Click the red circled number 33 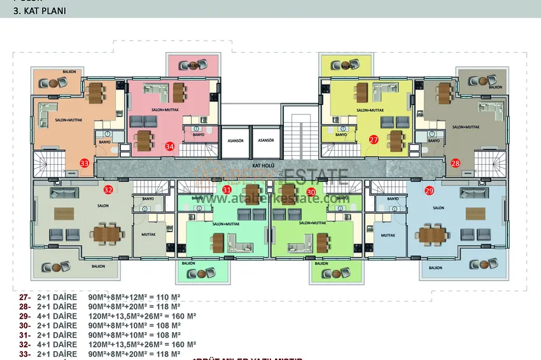(x=85, y=163)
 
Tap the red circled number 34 (x=169, y=146)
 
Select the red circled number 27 (x=374, y=139)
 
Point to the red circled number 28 (x=455, y=163)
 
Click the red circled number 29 (x=429, y=190)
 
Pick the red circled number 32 (x=108, y=190)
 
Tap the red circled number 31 (x=227, y=191)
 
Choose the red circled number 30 (x=311, y=191)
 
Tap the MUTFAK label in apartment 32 (x=148, y=235)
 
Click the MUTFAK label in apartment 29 (x=388, y=235)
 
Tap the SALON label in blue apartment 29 (x=438, y=208)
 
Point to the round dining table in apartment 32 (x=104, y=233)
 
